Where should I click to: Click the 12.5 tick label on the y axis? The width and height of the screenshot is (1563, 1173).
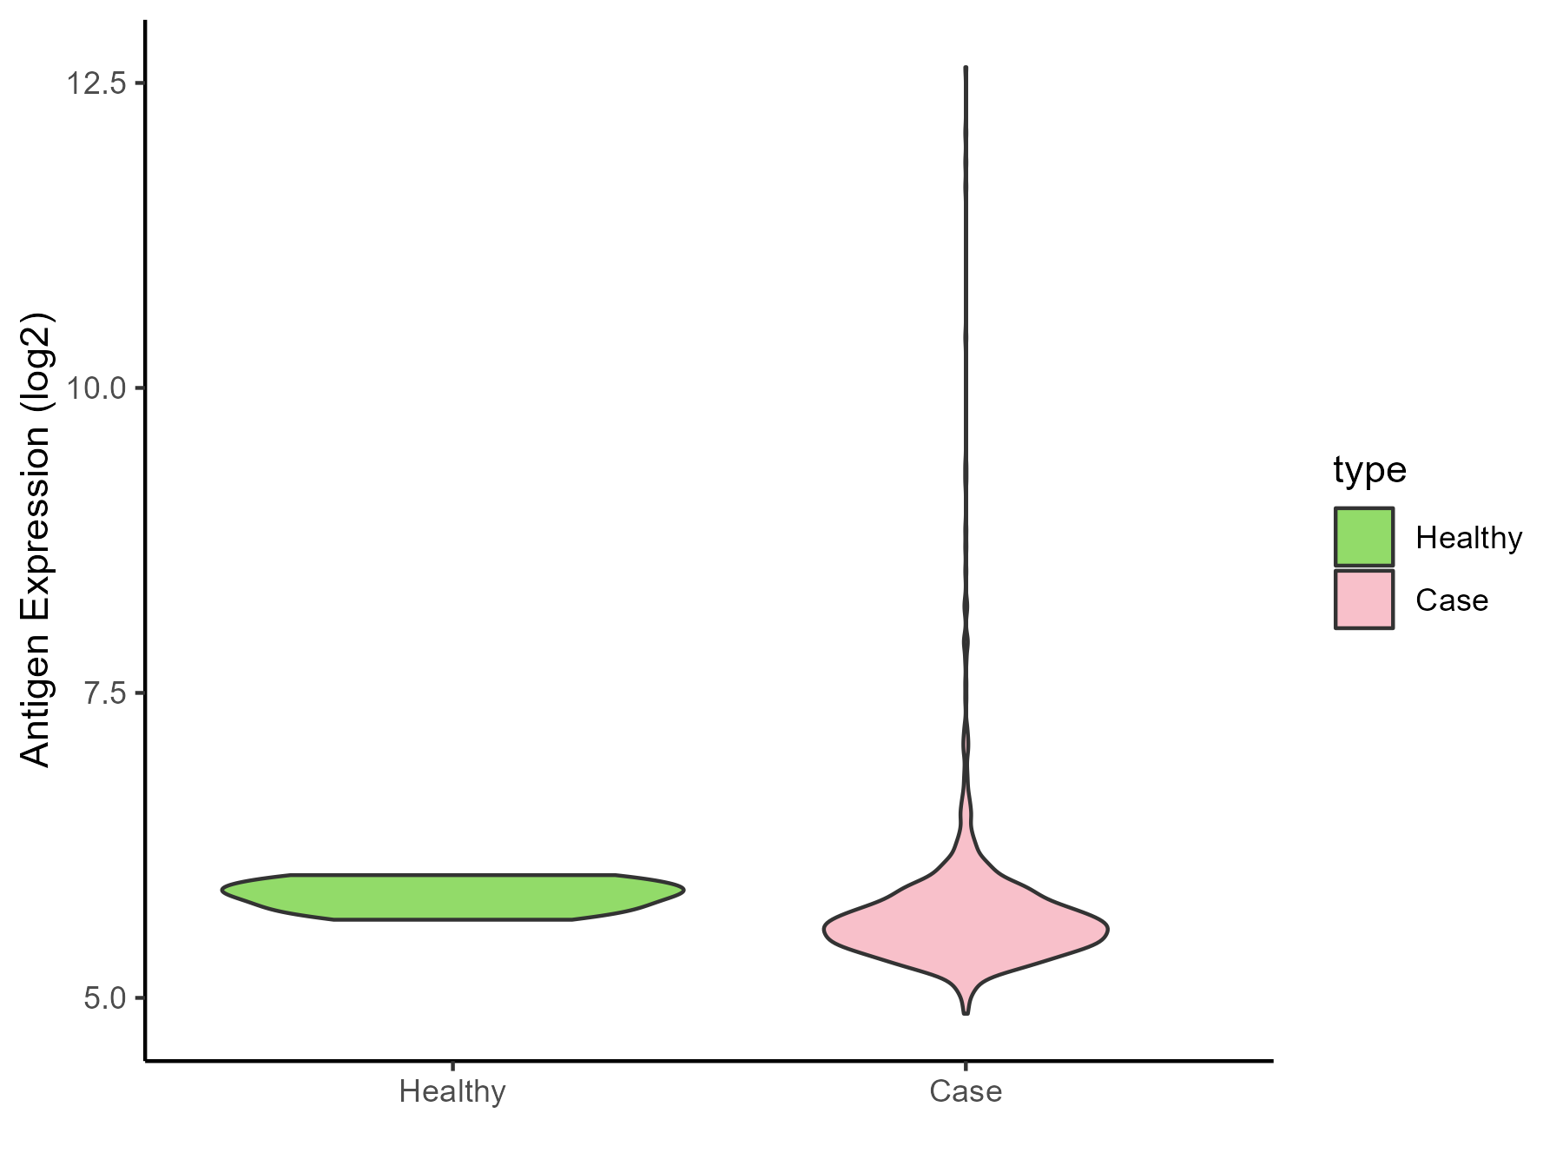click(95, 84)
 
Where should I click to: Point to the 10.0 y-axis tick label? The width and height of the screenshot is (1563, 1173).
click(95, 388)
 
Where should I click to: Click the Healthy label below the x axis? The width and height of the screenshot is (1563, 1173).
click(452, 1091)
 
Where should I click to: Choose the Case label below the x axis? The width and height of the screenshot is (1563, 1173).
click(966, 1091)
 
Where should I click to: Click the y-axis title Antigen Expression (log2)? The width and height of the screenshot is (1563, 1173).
click(36, 540)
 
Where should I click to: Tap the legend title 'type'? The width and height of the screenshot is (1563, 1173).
click(1369, 470)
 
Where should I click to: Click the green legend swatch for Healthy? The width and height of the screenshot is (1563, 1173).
click(1364, 537)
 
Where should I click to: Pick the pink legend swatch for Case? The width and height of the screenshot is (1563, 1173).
click(1364, 600)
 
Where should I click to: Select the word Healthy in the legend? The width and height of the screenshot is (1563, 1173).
click(1468, 538)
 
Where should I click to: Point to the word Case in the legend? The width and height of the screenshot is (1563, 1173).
click(1451, 600)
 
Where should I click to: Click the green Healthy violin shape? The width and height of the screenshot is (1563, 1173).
click(452, 897)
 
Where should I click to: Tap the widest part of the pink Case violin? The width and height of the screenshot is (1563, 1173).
click(966, 931)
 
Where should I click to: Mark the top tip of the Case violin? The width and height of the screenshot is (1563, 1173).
click(966, 68)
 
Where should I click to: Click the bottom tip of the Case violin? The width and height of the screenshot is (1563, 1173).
click(966, 1012)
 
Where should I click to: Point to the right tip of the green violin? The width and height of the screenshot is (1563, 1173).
click(683, 890)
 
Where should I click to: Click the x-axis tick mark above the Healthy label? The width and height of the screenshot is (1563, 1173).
click(452, 1066)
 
